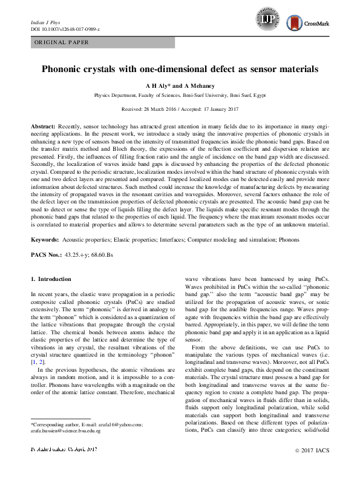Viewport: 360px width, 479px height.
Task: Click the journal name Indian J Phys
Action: coord(46,22)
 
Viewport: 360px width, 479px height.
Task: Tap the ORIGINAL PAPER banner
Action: coord(62,42)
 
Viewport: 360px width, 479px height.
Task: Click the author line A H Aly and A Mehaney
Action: coord(180,86)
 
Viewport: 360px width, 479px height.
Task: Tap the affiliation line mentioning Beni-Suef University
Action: coord(180,96)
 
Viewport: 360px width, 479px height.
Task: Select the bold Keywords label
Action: coord(45,240)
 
